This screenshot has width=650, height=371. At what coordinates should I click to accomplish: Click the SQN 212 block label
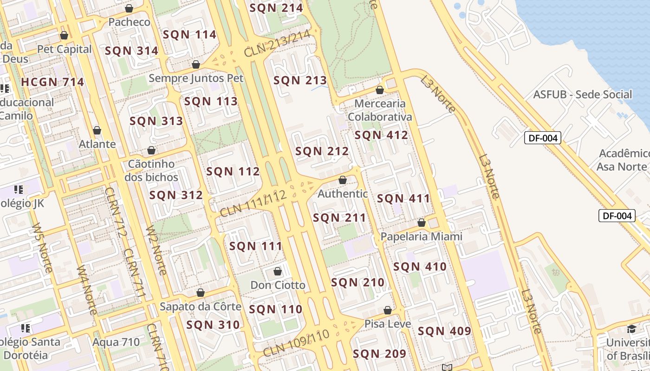click(x=322, y=151)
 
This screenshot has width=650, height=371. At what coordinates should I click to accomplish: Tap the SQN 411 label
click(x=403, y=199)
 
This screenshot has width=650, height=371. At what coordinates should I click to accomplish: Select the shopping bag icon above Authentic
click(x=343, y=180)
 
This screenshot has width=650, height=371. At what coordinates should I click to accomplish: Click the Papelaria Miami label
click(x=421, y=237)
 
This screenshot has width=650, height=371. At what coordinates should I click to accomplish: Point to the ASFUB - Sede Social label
click(x=582, y=95)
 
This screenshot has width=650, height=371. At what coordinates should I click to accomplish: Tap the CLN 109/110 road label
click(x=296, y=344)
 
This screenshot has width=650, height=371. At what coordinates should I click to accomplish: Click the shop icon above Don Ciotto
click(x=278, y=271)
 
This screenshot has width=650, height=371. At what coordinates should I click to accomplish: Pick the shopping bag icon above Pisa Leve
click(x=388, y=310)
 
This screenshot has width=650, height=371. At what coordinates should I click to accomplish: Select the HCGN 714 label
click(x=52, y=83)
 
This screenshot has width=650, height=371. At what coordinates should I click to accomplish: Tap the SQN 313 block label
click(x=156, y=122)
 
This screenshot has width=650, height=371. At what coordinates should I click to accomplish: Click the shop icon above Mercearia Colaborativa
click(x=380, y=90)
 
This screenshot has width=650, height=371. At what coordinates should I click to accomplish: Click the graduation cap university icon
click(x=631, y=329)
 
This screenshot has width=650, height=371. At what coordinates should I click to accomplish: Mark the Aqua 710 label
click(x=116, y=342)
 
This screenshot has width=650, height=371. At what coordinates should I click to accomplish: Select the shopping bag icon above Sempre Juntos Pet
click(x=196, y=64)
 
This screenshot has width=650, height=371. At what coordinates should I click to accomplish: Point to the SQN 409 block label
click(x=444, y=332)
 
